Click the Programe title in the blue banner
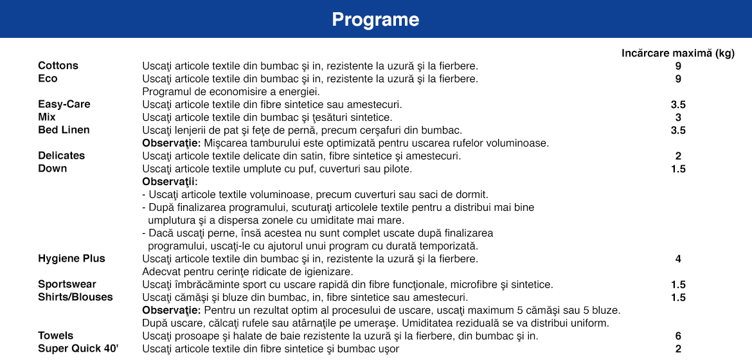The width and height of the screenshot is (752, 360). coord(375,20)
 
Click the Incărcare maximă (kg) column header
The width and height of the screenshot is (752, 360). coord(677,53)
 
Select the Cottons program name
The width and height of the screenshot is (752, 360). coord(58,66)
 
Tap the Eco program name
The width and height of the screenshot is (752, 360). coord(48,78)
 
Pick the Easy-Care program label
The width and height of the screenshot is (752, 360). coord(64,104)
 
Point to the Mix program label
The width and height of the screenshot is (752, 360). coord(47,117)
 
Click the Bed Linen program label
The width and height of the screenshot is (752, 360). coord(64,130)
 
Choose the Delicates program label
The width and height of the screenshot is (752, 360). coord(61,156)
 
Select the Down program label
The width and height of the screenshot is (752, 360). coord(52,168)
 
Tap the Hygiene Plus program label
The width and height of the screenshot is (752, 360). coord(71,258)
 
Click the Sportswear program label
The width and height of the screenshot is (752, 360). coord(67,284)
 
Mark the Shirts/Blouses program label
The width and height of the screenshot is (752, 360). coord(75,297)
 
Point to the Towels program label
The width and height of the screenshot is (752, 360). coord(55,336)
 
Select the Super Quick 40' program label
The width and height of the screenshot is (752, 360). coord(78,348)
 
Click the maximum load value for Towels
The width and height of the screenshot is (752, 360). coord(678,336)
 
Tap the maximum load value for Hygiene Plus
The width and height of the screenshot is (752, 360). coord(678,259)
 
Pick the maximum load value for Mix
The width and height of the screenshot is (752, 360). coord(678,118)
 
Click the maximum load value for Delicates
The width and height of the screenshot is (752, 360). coord(678,156)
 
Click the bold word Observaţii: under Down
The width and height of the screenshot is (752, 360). coord(170,182)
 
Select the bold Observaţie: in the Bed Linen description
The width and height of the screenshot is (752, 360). coord(171,143)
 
